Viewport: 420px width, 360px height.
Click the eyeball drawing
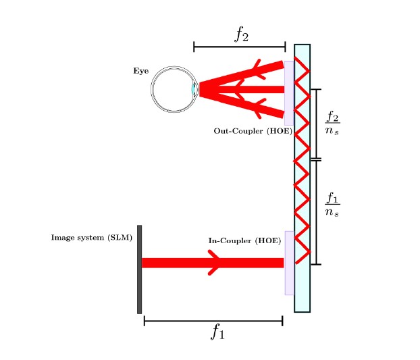[x=172, y=89]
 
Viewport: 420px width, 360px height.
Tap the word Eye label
[x=140, y=70]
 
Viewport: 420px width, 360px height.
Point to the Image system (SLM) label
[x=92, y=237]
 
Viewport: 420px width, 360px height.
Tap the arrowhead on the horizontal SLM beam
[x=215, y=263]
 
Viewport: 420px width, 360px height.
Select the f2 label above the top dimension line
[x=241, y=34]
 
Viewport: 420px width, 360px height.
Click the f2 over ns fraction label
[x=332, y=123]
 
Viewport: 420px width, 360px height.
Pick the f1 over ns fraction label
[x=332, y=204]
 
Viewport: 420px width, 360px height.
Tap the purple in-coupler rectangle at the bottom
[x=289, y=263]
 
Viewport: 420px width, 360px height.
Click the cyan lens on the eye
[x=194, y=89]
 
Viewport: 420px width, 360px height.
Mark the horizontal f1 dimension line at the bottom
[x=213, y=321]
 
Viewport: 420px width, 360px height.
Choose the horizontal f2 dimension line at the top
[x=239, y=47]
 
